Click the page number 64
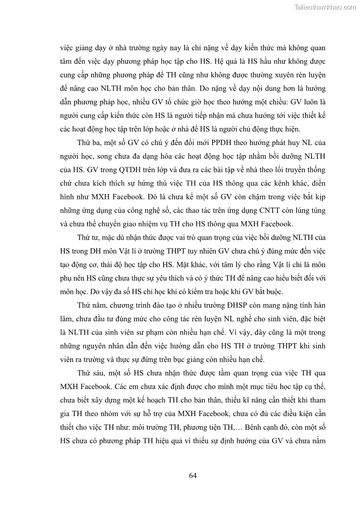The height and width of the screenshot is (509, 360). [192, 475]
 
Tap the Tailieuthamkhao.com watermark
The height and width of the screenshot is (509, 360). [326, 7]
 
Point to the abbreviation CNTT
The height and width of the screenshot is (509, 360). [258, 210]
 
